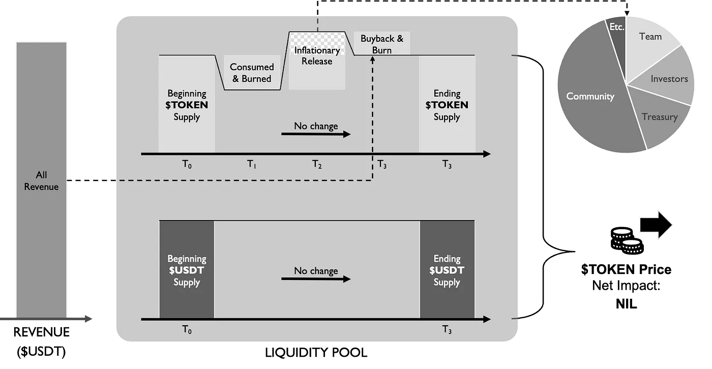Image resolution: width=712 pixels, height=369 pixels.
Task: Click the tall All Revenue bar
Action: click(x=41, y=180)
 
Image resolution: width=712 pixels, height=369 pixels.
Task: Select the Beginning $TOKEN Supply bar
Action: click(x=187, y=105)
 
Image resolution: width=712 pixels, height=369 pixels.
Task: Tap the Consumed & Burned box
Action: click(x=252, y=73)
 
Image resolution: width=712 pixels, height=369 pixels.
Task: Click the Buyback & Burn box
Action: click(x=381, y=44)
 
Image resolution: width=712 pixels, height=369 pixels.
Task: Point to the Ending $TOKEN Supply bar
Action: click(x=447, y=105)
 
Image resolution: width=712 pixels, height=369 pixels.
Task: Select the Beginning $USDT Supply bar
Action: click(x=187, y=270)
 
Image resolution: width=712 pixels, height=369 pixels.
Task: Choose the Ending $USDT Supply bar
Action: click(x=447, y=270)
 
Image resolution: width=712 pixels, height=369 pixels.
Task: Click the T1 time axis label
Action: click(x=252, y=164)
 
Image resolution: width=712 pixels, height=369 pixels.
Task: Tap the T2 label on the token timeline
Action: click(x=317, y=164)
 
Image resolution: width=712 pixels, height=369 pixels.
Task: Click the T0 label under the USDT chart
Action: click(x=187, y=330)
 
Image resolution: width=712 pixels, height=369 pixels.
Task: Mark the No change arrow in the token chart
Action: click(x=316, y=135)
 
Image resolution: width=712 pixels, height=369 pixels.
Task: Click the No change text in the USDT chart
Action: click(x=316, y=270)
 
